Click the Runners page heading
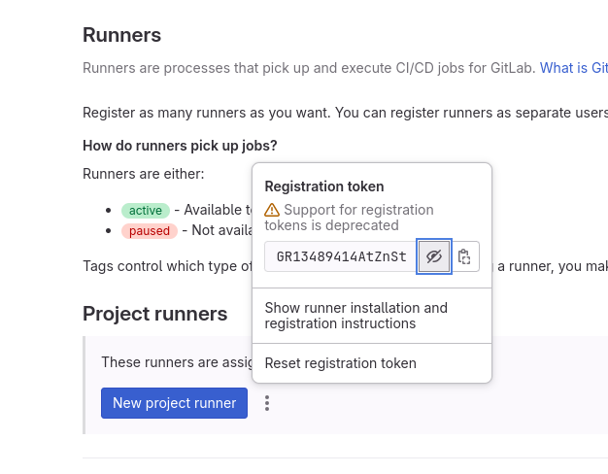coord(121,35)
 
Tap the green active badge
coord(146,210)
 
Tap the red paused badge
coord(150,231)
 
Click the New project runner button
coord(174,403)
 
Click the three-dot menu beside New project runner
coord(267,403)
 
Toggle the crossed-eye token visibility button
coord(434,256)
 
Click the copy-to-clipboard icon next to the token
coord(464,256)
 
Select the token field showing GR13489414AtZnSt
coord(341,256)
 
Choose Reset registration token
coord(341,363)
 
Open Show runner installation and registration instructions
coord(355,316)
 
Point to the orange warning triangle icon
coord(272,210)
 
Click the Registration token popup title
coord(324,186)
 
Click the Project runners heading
coord(154,314)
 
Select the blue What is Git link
coord(573,68)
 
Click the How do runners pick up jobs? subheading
coord(180,146)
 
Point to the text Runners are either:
coord(144,174)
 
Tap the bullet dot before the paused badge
coord(108,231)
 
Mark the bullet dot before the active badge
coord(108,210)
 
